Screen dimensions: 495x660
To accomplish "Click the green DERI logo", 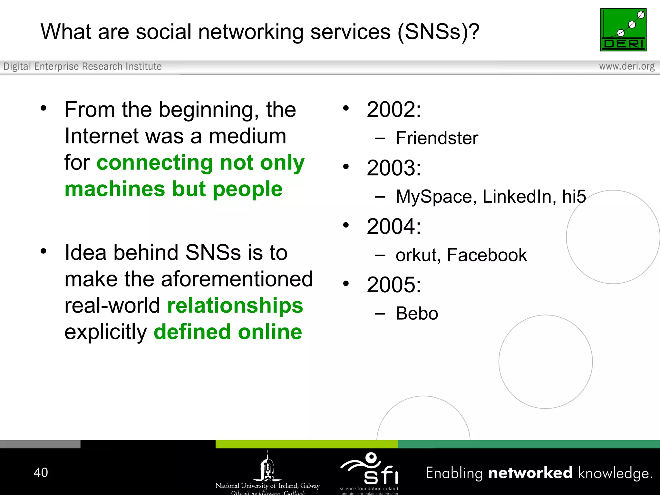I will click(x=623, y=30).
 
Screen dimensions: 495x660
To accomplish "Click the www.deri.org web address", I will click(x=626, y=66).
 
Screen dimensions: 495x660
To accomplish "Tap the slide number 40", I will click(x=41, y=472).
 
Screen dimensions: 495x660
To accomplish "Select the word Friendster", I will click(x=437, y=138).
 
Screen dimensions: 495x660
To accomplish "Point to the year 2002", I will click(x=393, y=110).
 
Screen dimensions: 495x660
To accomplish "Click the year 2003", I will click(x=393, y=168).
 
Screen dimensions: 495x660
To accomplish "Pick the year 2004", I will click(x=393, y=226).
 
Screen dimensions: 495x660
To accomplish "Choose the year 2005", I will click(x=393, y=285).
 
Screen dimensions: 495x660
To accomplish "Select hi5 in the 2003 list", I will click(x=574, y=197).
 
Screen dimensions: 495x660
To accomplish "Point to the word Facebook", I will click(x=487, y=255).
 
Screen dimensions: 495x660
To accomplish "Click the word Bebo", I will click(x=417, y=314).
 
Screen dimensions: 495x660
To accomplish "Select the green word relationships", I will click(x=235, y=306).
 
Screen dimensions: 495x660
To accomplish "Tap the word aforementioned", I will click(x=237, y=279).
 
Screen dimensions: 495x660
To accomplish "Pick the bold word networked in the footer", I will click(x=530, y=473).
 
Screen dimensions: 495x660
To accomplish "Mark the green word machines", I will click(x=115, y=189).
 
